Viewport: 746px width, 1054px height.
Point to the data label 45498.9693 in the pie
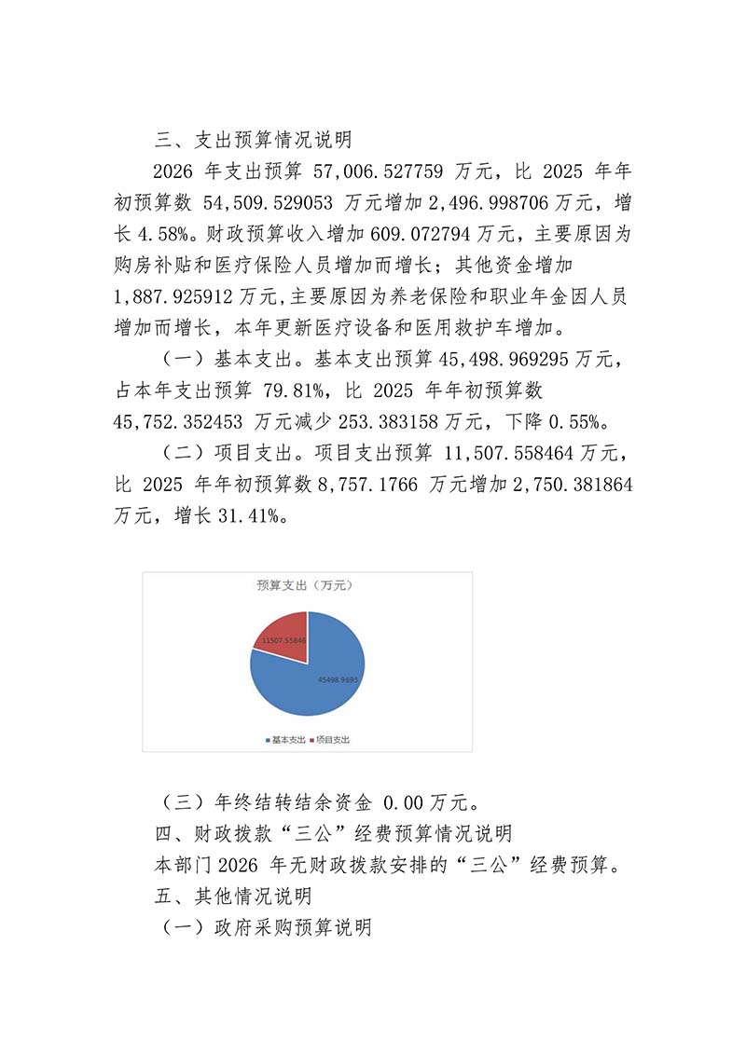[x=337, y=679]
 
